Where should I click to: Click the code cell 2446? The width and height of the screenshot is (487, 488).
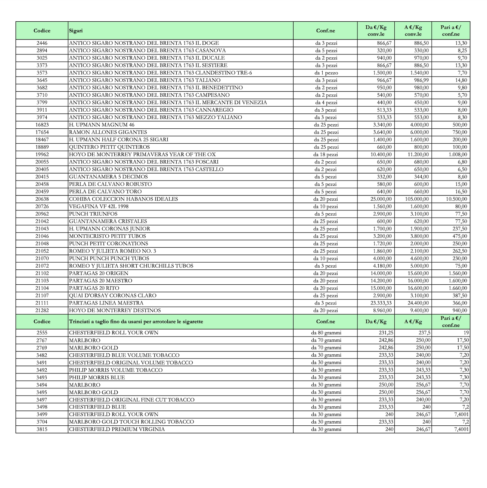pos(42,43)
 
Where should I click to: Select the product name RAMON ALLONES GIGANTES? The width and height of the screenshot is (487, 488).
pos(108,132)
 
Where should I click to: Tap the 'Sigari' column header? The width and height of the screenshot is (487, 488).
pos(76,31)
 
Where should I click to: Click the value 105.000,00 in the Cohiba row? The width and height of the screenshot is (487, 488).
pos(417,199)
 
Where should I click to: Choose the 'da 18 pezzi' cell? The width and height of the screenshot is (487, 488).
pos(326,154)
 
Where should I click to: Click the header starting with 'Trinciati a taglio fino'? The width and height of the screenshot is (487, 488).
pos(136,321)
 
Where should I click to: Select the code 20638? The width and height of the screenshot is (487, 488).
pos(42,199)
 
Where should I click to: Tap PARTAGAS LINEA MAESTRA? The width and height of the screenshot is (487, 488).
pos(106,303)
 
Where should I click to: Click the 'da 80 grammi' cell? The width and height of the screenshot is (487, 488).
pos(326,333)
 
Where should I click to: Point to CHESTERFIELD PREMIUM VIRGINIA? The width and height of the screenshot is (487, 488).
pos(117,429)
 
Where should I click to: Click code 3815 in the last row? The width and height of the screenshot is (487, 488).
pos(42,429)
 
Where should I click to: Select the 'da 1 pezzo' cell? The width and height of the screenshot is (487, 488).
pos(326,73)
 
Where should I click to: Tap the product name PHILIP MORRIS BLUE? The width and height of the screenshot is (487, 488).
pos(97,377)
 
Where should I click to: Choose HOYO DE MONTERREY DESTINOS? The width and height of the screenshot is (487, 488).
pos(115,310)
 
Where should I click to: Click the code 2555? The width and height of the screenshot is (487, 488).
pos(42,333)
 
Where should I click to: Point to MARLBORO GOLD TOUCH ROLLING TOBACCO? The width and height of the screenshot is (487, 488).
pos(131,422)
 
